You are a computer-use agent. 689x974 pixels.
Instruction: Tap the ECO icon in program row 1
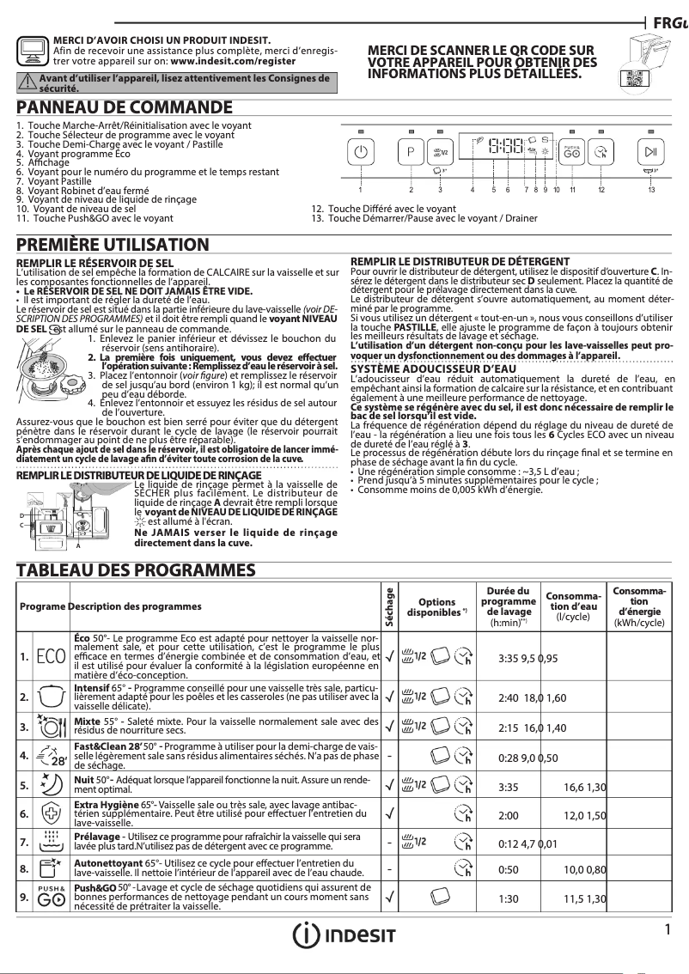tap(49, 657)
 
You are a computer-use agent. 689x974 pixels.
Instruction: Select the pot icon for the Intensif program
tap(49, 693)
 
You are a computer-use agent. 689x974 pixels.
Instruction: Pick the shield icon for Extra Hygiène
tap(49, 813)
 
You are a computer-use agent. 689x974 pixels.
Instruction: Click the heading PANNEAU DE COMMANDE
tap(125, 108)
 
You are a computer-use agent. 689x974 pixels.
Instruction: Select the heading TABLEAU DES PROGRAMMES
tap(137, 569)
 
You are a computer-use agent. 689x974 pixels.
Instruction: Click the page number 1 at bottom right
tap(667, 928)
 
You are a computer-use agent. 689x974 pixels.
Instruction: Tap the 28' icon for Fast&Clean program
tap(49, 756)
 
